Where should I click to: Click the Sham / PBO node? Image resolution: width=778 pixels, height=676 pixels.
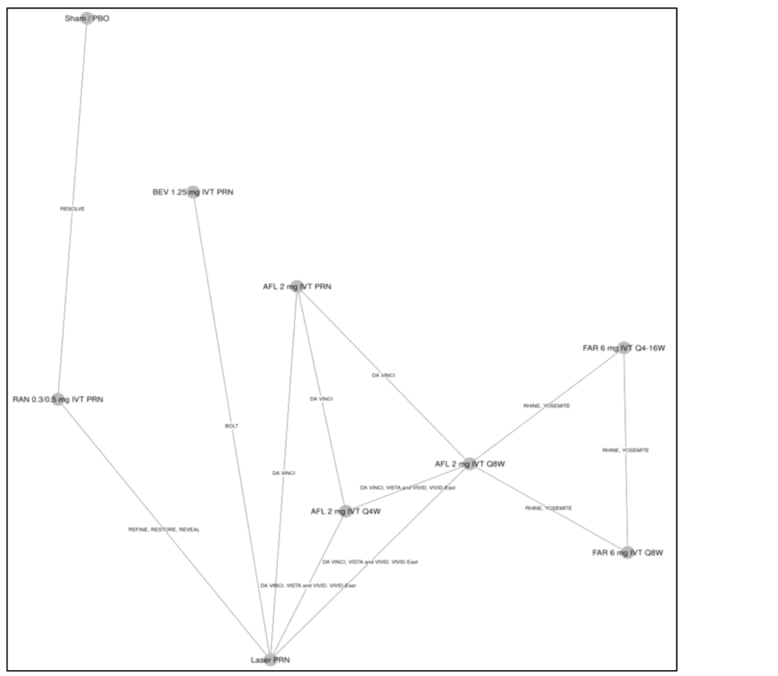(x=87, y=18)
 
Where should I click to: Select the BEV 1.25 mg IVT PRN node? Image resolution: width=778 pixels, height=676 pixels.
(x=193, y=192)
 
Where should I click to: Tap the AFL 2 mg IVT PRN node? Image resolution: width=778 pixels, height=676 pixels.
(x=296, y=286)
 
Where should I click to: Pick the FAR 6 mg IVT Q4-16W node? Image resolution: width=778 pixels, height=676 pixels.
(x=624, y=348)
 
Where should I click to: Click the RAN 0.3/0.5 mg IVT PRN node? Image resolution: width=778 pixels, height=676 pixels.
(x=58, y=399)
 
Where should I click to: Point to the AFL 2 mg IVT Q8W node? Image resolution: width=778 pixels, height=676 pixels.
(x=470, y=464)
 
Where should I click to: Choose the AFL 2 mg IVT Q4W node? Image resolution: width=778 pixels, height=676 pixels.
(x=346, y=511)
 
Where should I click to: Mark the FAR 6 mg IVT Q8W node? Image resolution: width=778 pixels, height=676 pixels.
(x=627, y=552)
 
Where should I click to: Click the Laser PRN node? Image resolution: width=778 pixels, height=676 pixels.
(x=270, y=660)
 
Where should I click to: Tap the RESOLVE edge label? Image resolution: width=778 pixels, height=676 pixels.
(x=72, y=209)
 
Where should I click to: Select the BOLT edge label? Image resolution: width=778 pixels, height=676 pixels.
(x=231, y=426)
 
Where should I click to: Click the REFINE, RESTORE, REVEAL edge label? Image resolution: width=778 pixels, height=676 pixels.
(x=164, y=530)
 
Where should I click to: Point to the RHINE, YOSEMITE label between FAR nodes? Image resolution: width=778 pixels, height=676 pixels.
(x=625, y=450)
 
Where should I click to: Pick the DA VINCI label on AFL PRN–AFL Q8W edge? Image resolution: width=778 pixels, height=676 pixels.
(x=383, y=375)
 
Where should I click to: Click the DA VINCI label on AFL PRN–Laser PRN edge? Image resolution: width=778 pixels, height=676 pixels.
(x=284, y=473)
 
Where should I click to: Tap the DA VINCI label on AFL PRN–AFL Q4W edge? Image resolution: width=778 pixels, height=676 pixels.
(x=321, y=399)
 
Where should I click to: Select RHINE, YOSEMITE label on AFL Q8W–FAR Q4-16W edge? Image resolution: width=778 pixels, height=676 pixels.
(x=547, y=406)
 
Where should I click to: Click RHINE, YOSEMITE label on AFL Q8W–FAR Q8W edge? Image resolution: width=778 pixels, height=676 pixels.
(x=548, y=508)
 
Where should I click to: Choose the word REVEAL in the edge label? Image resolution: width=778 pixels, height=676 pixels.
(x=189, y=530)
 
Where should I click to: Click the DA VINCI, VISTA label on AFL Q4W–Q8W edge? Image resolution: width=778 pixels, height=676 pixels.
(x=407, y=487)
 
